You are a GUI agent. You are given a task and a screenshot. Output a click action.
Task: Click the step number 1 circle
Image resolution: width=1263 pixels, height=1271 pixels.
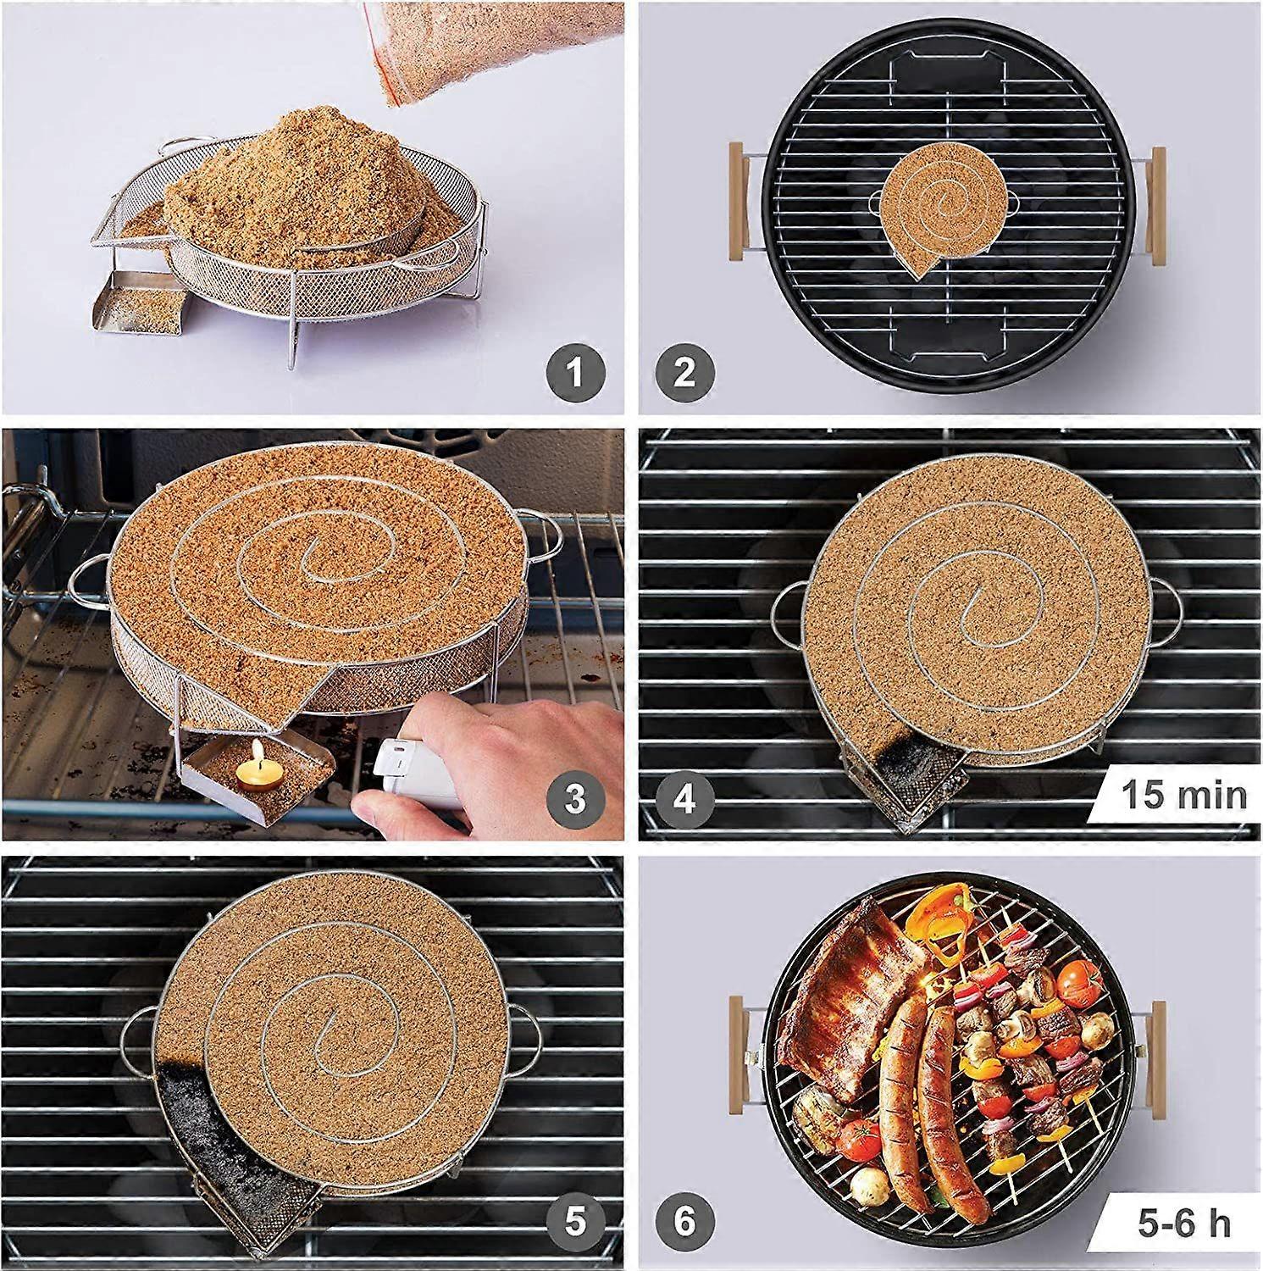click(x=576, y=373)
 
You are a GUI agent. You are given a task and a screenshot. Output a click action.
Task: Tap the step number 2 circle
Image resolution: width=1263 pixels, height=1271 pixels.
click(x=684, y=373)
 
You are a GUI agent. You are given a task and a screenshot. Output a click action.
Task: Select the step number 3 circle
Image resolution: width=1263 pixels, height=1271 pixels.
click(x=576, y=798)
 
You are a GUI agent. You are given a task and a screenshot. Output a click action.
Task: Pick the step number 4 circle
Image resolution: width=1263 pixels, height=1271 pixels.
click(x=684, y=798)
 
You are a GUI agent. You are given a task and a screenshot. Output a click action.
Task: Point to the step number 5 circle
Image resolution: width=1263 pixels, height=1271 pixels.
click(x=576, y=1223)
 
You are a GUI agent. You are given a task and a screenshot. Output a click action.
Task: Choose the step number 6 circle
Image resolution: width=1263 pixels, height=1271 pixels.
click(x=684, y=1223)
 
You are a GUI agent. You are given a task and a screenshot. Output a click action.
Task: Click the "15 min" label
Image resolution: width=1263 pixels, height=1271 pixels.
click(x=1184, y=796)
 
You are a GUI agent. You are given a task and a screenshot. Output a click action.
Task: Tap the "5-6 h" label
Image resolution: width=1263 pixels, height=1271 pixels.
click(x=1184, y=1223)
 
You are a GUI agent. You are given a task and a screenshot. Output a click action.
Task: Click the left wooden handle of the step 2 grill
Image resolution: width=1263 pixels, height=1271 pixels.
click(x=739, y=204)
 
